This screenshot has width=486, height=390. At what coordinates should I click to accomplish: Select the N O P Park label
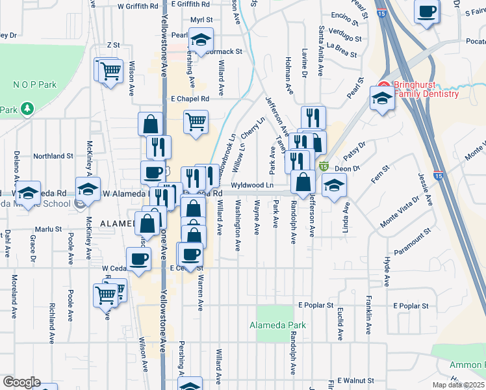(x=35, y=84)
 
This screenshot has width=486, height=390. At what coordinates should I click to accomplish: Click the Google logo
(x=21, y=382)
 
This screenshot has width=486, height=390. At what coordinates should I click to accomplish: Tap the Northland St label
(x=53, y=156)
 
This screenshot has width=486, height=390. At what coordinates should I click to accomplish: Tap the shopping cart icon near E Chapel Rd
(x=196, y=121)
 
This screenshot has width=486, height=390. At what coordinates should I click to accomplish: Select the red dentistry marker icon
(x=383, y=86)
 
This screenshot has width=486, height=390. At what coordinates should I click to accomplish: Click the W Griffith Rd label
(x=138, y=6)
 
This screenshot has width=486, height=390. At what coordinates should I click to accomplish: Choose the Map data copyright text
(x=459, y=385)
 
